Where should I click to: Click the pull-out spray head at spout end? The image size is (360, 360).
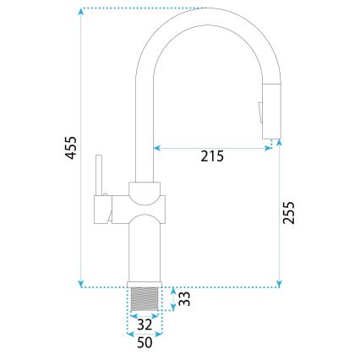270,110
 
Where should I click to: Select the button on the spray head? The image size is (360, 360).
260,106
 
